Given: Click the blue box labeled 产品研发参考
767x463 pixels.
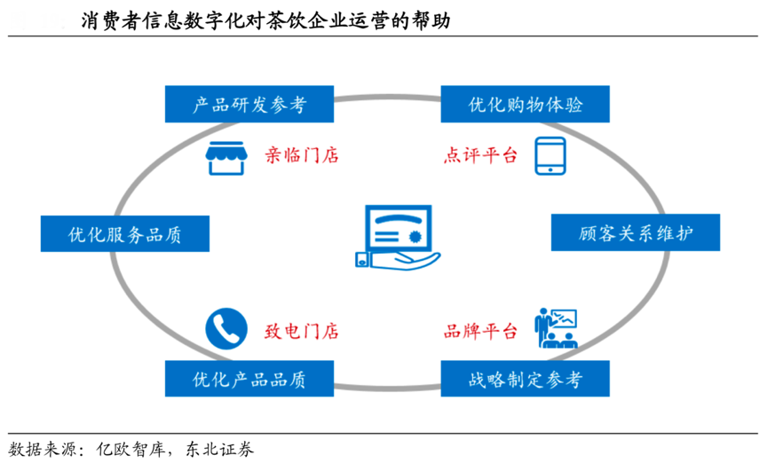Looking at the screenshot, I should click(249, 105).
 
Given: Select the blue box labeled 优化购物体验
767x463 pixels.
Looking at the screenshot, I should click(525, 105).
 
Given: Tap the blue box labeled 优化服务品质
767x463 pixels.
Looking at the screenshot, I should click(124, 234).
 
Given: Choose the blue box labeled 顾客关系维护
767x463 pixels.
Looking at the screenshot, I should click(636, 234).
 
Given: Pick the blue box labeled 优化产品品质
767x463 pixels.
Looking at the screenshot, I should click(249, 380).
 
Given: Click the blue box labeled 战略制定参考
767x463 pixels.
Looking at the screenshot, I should click(525, 380).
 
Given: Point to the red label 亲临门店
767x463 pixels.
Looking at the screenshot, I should click(302, 156).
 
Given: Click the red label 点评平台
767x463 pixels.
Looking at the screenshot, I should click(480, 156).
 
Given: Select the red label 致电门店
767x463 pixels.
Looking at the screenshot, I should click(302, 332).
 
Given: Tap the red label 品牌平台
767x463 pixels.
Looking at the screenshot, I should click(480, 332).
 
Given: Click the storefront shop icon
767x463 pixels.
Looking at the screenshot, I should click(225, 156).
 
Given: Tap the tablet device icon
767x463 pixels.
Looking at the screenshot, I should click(550, 156).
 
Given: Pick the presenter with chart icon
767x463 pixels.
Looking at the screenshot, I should click(556, 329).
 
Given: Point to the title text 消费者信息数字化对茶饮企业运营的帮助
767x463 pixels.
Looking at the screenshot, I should click(265, 20).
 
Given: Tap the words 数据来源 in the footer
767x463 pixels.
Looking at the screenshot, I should click(37, 448).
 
